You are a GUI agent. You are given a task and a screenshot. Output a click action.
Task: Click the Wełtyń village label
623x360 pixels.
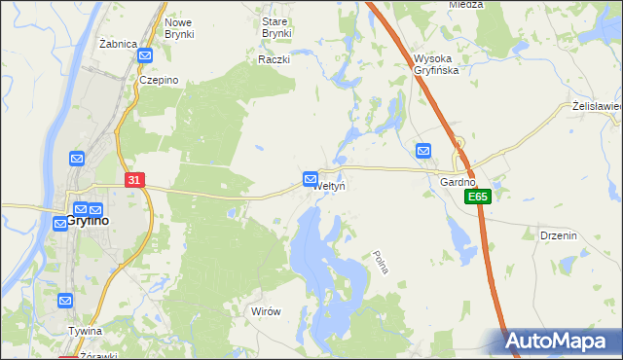330,185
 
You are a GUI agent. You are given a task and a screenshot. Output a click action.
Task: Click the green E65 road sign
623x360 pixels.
477,197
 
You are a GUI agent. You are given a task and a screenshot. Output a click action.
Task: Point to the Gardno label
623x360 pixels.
458,182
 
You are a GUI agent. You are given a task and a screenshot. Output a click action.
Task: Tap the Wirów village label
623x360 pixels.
266,311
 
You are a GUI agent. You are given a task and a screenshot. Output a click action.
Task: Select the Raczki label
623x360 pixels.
275,59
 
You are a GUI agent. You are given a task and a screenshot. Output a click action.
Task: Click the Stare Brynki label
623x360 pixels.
276,27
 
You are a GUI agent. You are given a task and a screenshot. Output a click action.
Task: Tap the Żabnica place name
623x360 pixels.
117,45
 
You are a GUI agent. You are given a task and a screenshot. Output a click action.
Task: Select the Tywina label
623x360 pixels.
86,331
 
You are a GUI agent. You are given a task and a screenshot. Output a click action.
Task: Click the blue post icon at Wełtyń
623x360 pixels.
311,179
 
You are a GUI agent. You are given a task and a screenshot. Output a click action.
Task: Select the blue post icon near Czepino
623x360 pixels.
145,57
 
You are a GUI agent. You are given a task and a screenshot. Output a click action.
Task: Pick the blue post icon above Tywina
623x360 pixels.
65,302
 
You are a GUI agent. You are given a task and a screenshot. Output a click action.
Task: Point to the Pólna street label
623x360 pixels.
381,262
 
